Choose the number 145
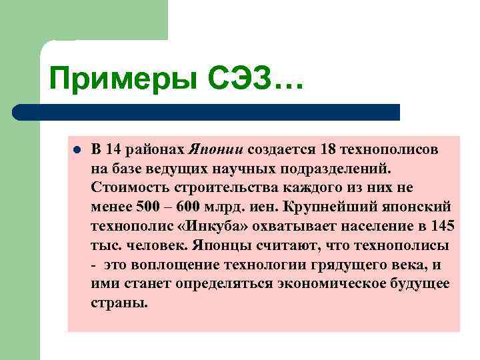coord(443,226)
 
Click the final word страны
coord(119,303)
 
